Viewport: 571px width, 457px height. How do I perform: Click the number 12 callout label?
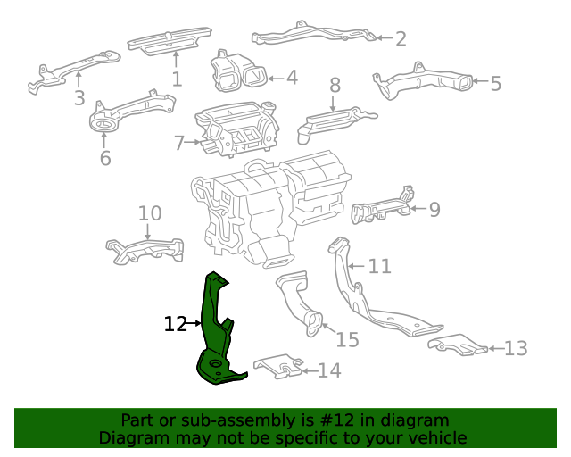pos(176,324)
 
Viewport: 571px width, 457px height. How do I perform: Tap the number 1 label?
pos(177,79)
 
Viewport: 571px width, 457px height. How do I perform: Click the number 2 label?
pos(401,38)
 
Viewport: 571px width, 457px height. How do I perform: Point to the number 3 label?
pos(79,98)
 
